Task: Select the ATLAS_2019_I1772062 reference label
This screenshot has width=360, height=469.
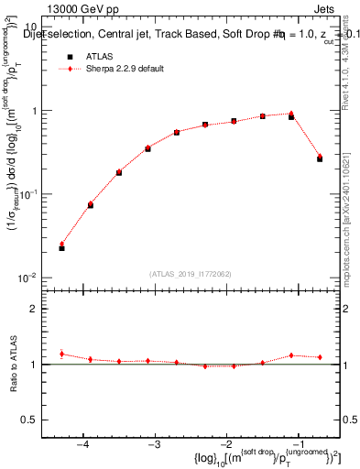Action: [191, 273]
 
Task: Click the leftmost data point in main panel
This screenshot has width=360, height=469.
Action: [61, 247]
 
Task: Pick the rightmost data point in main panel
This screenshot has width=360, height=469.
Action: [320, 158]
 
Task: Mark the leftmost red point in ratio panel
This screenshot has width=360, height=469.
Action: [61, 354]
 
